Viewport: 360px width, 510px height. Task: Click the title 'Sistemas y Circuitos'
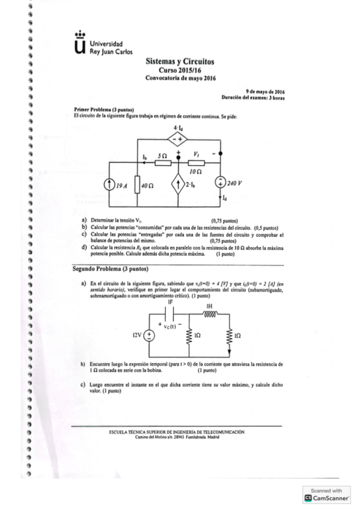pos(180,62)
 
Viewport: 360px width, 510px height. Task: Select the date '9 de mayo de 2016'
pos(264,91)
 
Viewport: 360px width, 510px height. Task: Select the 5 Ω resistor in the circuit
pos(162,161)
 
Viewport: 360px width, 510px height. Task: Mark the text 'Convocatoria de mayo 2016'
pos(180,78)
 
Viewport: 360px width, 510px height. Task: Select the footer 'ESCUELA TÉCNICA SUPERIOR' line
pos(177,431)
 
